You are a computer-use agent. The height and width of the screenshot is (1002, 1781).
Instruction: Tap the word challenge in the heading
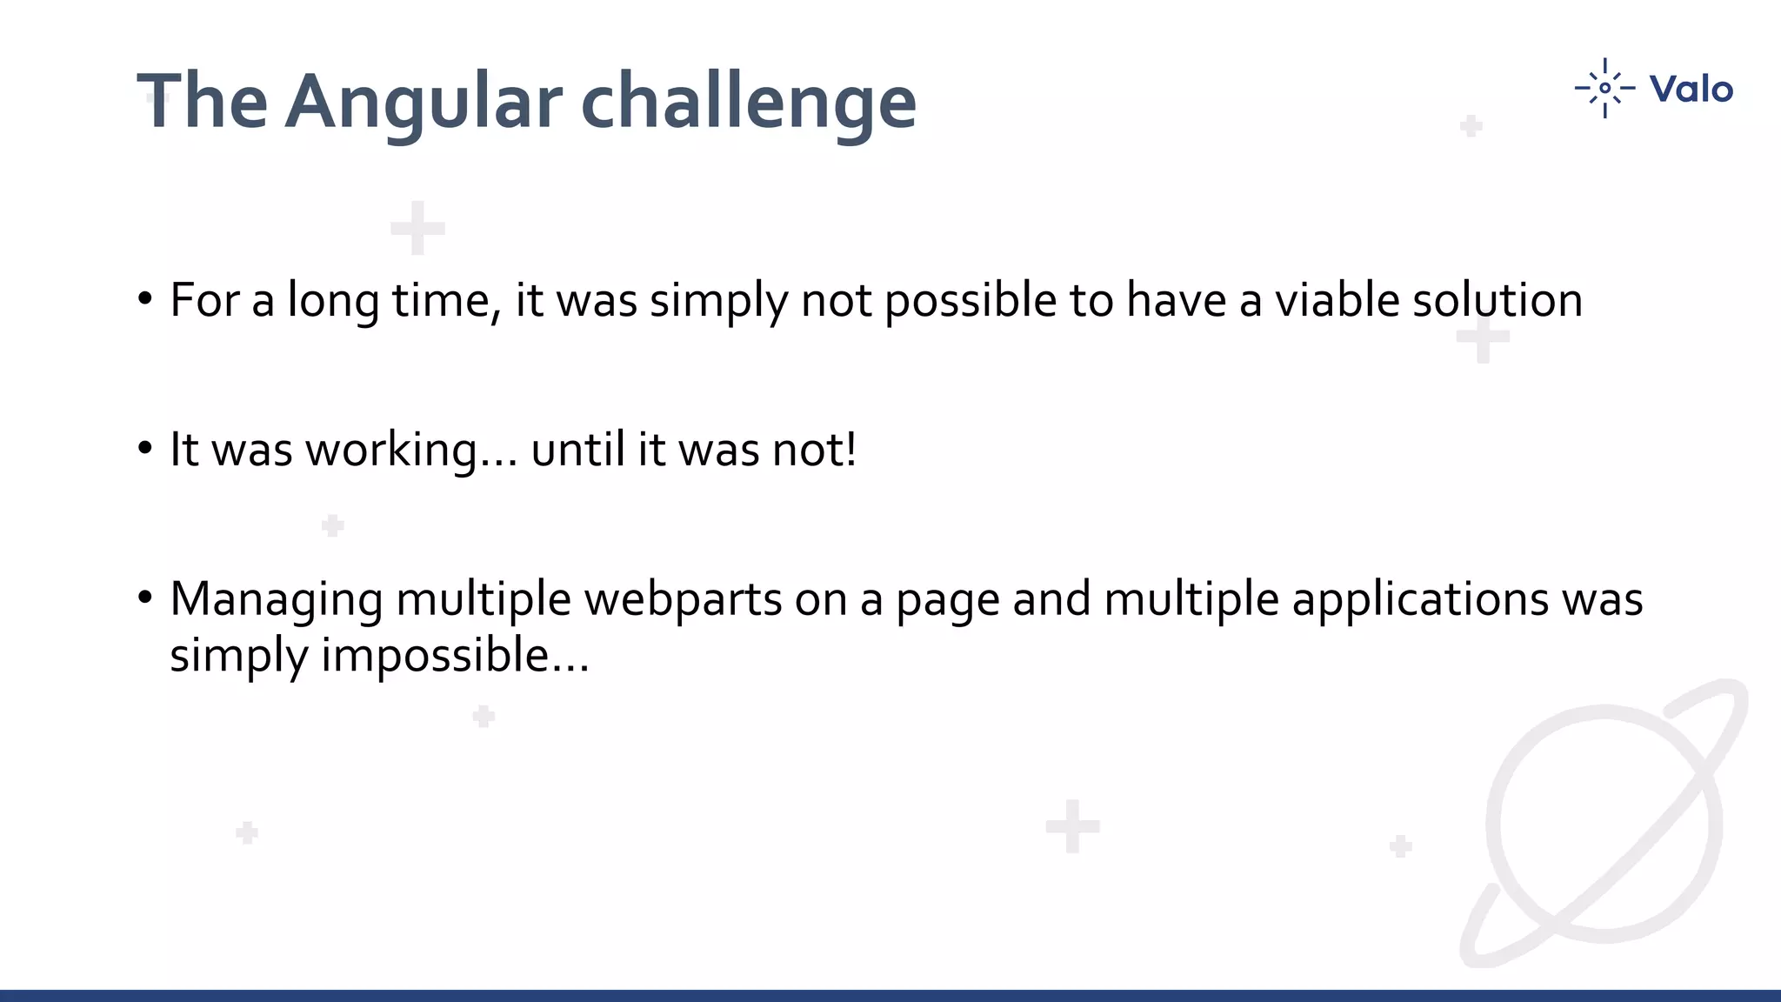(x=748, y=103)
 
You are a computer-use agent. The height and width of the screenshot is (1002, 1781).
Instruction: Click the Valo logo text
(x=1691, y=90)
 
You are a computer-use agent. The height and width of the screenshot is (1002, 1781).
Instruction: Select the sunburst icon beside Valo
(x=1604, y=88)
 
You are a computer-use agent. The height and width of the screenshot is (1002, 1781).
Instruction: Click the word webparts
(x=683, y=600)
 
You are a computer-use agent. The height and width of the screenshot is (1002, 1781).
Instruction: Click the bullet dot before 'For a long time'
(x=145, y=299)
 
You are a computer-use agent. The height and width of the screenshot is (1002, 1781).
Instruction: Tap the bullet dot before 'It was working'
(x=145, y=449)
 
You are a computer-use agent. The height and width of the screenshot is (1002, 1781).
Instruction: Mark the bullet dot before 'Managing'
(x=145, y=598)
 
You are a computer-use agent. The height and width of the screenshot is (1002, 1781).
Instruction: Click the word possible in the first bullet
(x=971, y=301)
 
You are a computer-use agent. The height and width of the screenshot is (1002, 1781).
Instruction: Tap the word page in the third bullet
(x=948, y=600)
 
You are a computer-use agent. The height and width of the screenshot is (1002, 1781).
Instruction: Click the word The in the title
(x=203, y=103)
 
